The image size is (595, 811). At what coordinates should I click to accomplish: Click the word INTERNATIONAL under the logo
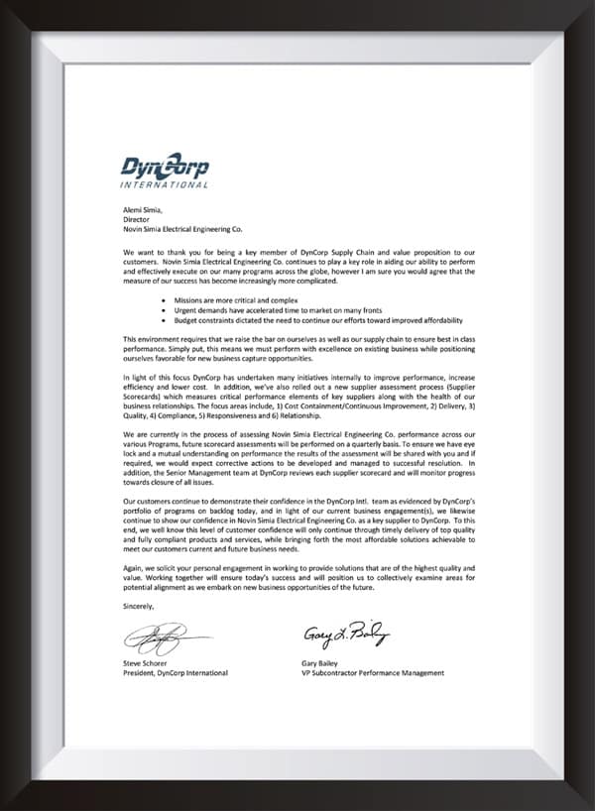pos(164,184)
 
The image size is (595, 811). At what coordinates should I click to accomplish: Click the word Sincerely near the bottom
pos(139,605)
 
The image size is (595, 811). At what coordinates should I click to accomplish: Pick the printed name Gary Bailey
pos(322,663)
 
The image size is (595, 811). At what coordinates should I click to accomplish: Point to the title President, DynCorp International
pos(176,673)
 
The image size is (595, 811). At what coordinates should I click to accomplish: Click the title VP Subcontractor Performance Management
pos(373,673)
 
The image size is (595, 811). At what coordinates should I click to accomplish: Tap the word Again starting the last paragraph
pos(134,564)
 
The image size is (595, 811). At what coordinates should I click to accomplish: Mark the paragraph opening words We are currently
pos(154,434)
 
